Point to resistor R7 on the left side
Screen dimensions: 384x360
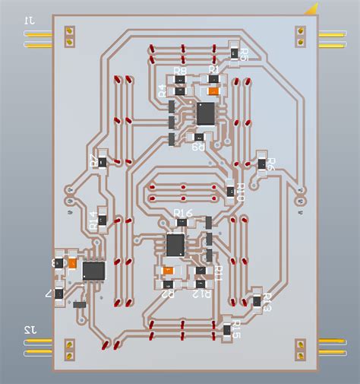pos(103,160)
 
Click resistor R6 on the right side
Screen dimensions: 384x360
pos(262,162)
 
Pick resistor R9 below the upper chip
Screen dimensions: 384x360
pos(198,138)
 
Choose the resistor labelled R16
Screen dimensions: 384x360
pos(182,222)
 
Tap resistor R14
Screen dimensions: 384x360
pos(101,220)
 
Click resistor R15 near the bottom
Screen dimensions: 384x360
pos(227,328)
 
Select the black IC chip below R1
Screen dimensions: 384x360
pos(206,113)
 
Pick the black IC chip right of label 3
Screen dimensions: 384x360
pos(93,270)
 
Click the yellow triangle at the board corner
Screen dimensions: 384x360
pos(311,9)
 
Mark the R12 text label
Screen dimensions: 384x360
pos(201,292)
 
